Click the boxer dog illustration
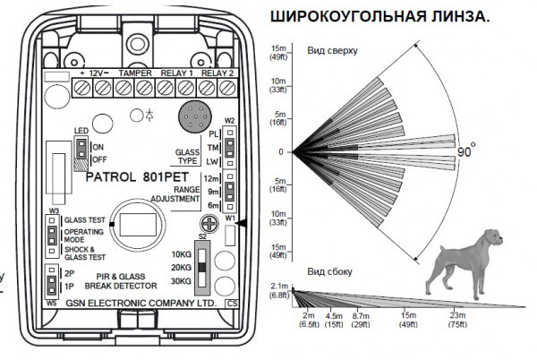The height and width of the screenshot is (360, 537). (x=456, y=261)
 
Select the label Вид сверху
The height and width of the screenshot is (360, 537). (x=332, y=51)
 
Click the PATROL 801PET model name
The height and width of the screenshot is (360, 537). (x=131, y=176)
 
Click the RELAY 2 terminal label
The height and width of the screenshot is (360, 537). (x=219, y=73)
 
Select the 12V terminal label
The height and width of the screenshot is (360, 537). (x=97, y=73)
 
